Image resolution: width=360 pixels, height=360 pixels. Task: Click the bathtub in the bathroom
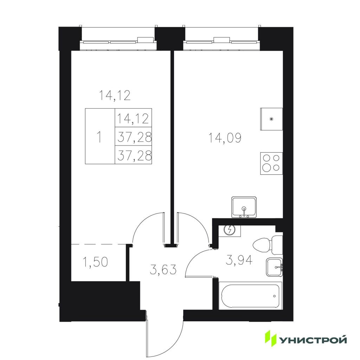pyautogui.click(x=250, y=296)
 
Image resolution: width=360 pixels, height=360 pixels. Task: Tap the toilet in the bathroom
pyautogui.click(x=268, y=245)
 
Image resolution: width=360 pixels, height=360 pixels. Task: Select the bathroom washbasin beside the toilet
pyautogui.click(x=274, y=268)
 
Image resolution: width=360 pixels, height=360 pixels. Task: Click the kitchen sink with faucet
pyautogui.click(x=244, y=207)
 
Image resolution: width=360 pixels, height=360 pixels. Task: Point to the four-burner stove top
pyautogui.click(x=271, y=163)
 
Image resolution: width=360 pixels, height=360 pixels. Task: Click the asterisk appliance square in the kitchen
pyautogui.click(x=271, y=119)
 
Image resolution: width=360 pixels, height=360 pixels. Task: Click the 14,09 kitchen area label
pyautogui.click(x=225, y=138)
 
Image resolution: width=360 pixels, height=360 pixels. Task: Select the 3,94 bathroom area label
pyautogui.click(x=239, y=261)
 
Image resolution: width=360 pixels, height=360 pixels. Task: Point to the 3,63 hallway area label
pyautogui.click(x=163, y=269)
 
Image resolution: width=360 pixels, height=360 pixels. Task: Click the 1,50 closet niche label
pyautogui.click(x=95, y=262)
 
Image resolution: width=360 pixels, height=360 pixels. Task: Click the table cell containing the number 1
pyautogui.click(x=100, y=136)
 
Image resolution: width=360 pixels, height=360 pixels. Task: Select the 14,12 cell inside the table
pyautogui.click(x=133, y=118)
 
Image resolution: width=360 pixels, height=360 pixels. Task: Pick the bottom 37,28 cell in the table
pyautogui.click(x=133, y=155)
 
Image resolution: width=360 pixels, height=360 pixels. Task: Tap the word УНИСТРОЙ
pyautogui.click(x=313, y=340)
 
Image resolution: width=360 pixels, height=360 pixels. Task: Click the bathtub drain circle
pyautogui.click(x=274, y=296)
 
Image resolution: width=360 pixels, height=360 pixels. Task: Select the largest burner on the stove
pyautogui.click(x=267, y=167)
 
